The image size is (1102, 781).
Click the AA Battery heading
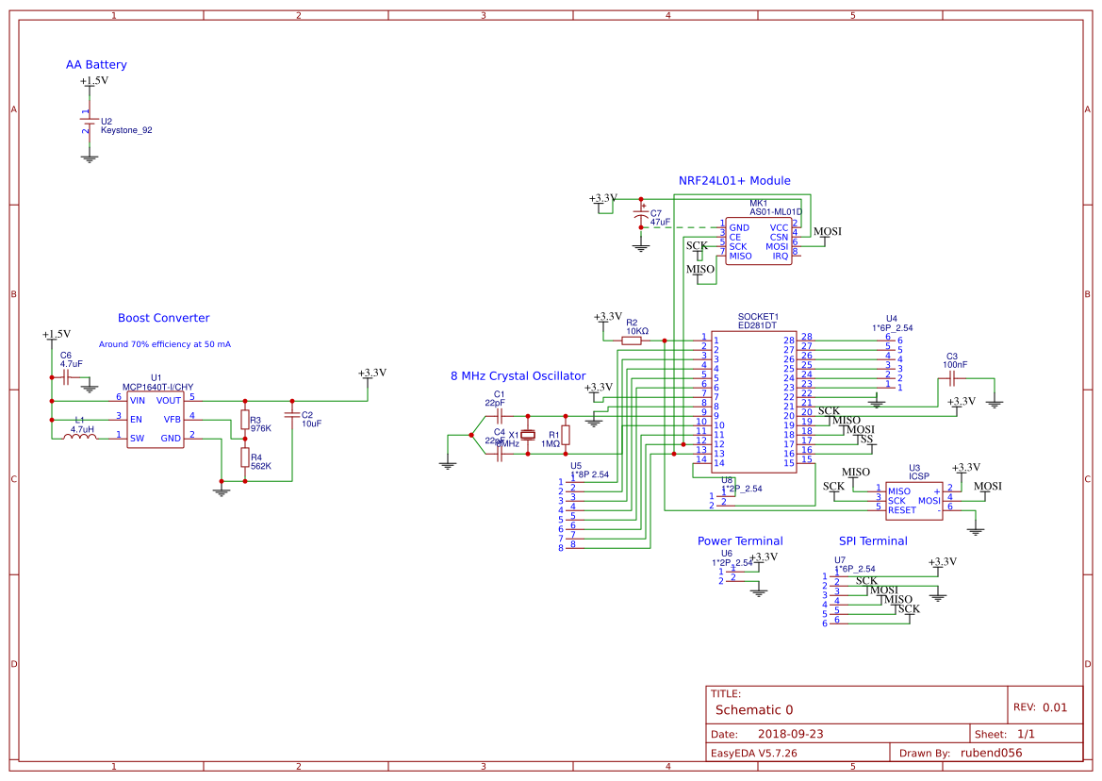tap(96, 65)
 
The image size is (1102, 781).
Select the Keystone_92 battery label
tap(126, 131)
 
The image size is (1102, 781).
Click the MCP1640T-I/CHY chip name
tap(157, 387)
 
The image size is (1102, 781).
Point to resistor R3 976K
tap(244, 420)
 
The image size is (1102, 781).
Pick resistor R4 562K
tap(244, 458)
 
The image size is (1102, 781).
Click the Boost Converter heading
tap(163, 318)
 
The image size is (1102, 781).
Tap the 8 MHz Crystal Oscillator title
tap(518, 375)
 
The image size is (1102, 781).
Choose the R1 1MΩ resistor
tap(566, 434)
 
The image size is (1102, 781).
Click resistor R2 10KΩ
tap(632, 341)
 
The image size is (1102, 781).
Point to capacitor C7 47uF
tap(641, 216)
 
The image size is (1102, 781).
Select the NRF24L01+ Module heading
tap(734, 180)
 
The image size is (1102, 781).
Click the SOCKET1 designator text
tap(758, 316)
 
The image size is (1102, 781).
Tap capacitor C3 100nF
tap(952, 377)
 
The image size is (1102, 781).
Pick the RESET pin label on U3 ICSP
tap(901, 510)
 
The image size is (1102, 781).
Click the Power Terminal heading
tap(739, 540)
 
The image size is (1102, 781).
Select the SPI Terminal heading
tap(873, 540)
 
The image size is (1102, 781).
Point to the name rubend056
tap(990, 753)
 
